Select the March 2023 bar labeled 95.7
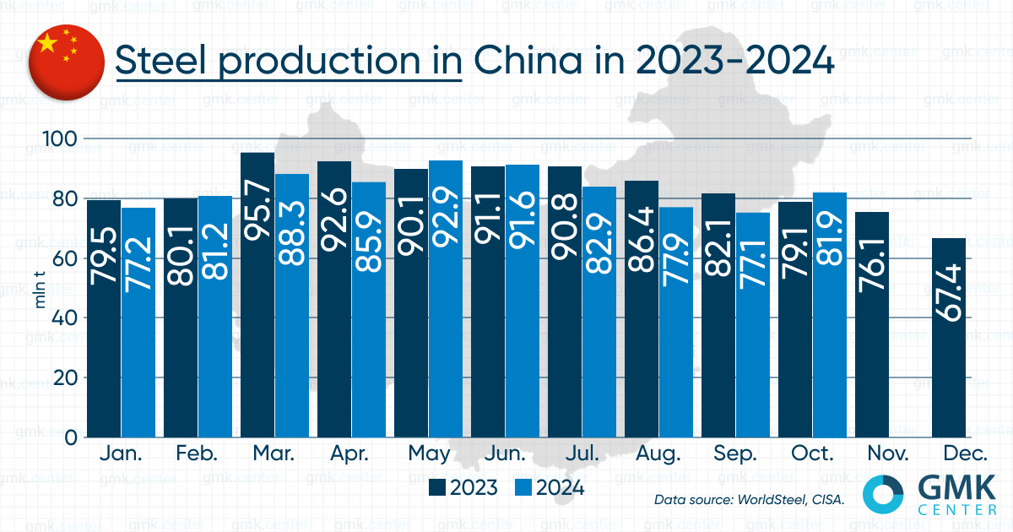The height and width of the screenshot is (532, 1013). click(x=257, y=296)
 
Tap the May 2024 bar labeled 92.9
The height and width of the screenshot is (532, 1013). click(x=445, y=300)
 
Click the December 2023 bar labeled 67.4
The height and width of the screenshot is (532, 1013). click(x=949, y=338)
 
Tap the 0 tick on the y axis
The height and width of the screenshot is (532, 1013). click(x=72, y=437)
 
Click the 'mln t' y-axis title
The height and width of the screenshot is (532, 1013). click(x=40, y=287)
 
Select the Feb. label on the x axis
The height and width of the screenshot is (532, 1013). click(x=198, y=454)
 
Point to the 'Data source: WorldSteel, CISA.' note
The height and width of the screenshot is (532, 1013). click(x=750, y=500)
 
